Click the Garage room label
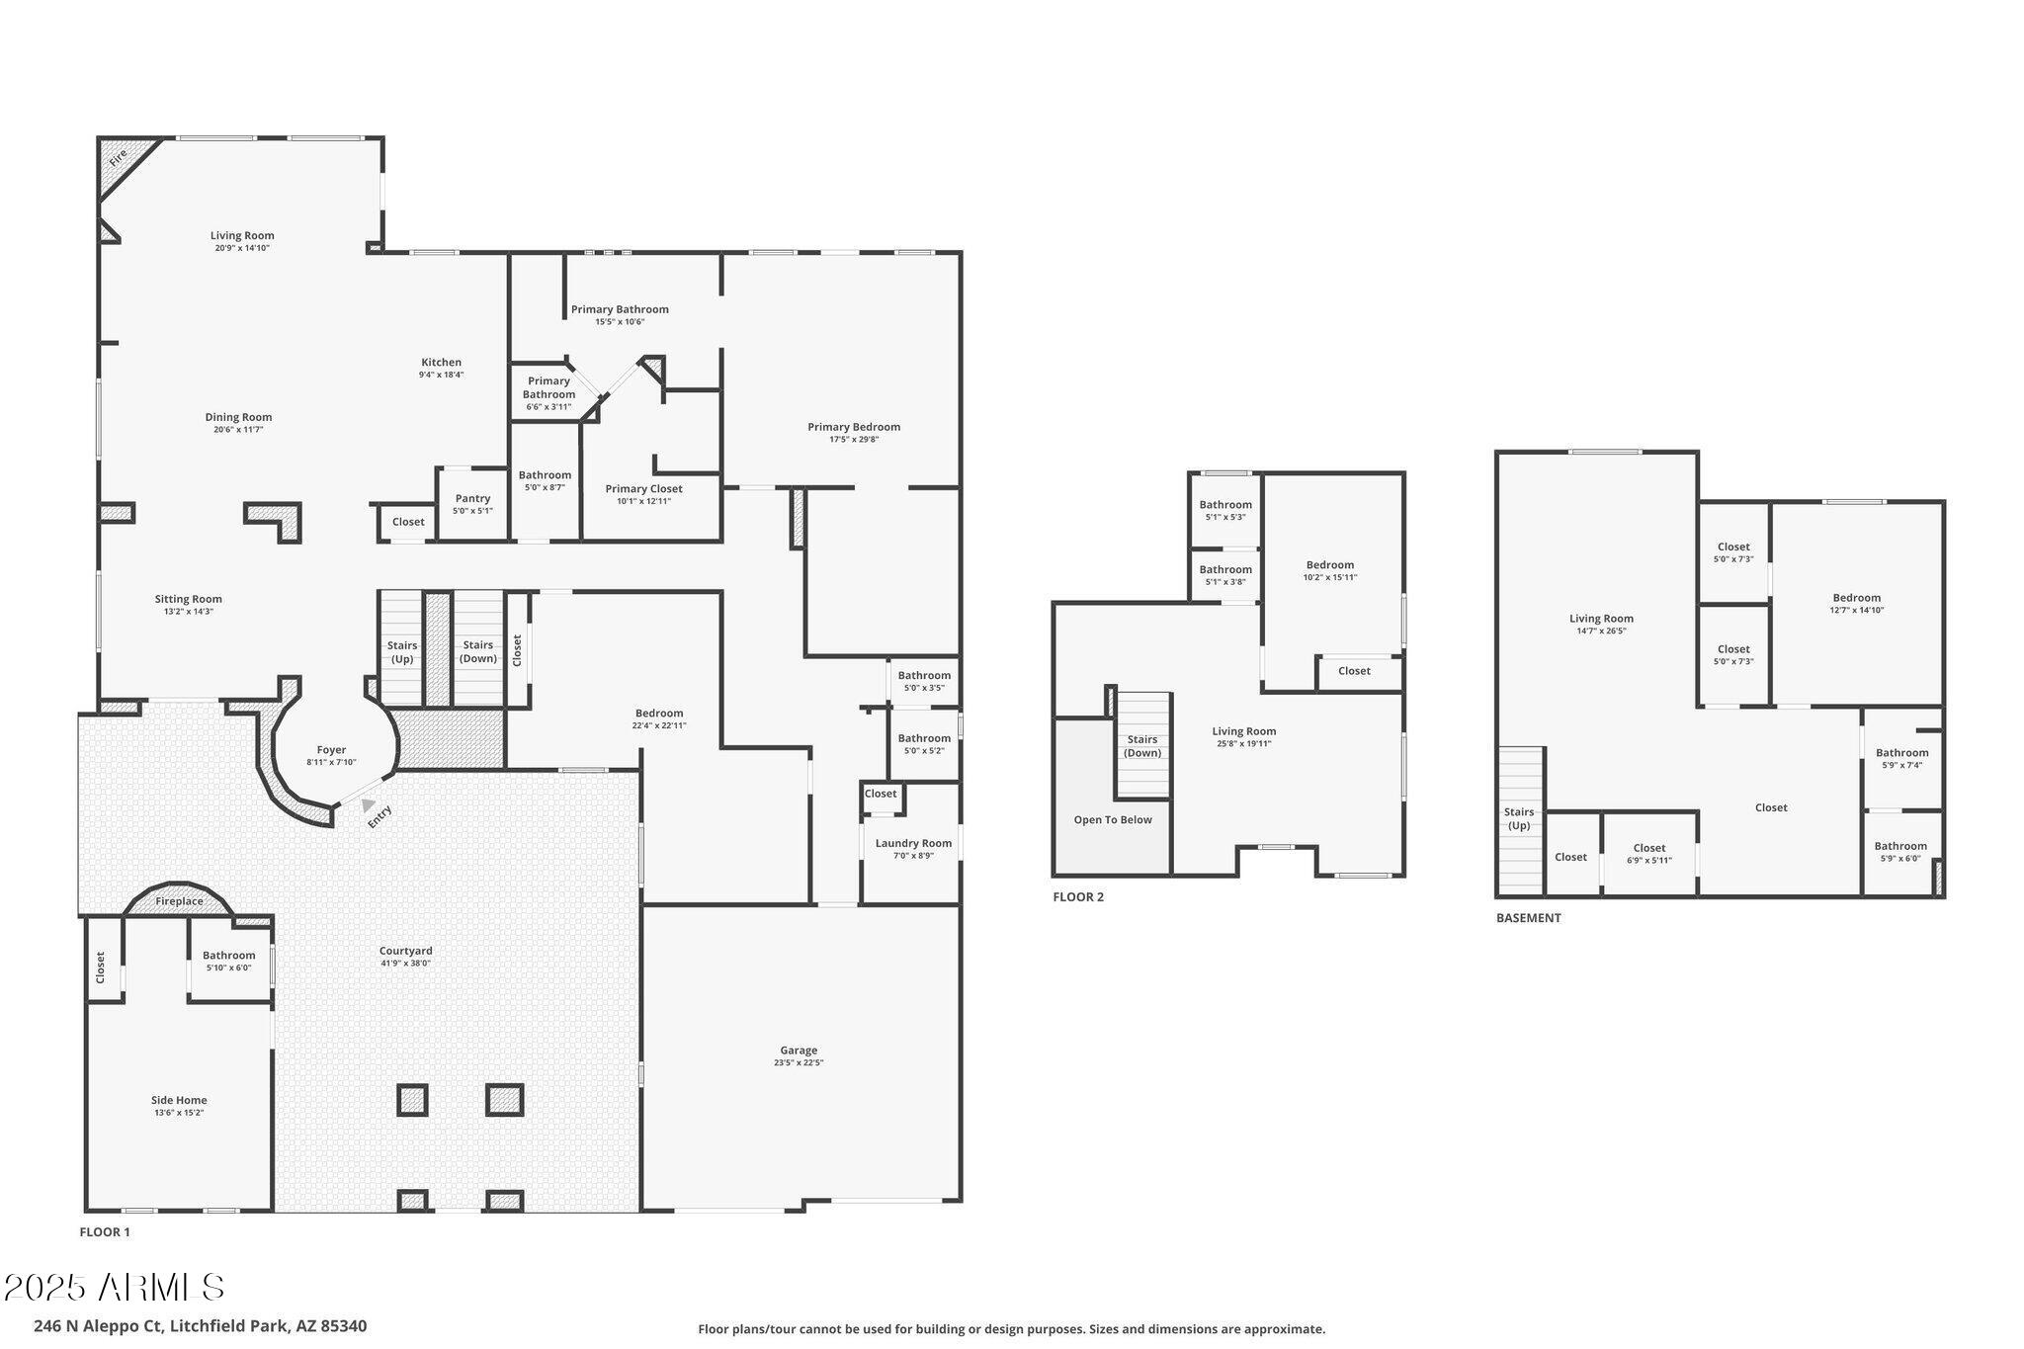tap(798, 1051)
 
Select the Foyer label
tap(331, 750)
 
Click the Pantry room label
tap(472, 499)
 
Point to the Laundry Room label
tap(913, 843)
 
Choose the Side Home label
tap(179, 1100)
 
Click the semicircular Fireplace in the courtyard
tap(179, 900)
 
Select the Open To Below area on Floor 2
tap(1113, 819)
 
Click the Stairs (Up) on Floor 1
tap(401, 651)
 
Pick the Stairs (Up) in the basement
tap(1519, 818)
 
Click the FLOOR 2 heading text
tap(1078, 897)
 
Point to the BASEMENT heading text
tap(1528, 918)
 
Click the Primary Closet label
tap(643, 489)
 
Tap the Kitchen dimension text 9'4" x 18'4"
tap(441, 376)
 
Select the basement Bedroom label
tap(1856, 598)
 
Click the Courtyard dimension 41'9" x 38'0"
tap(405, 964)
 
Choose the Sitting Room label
tap(188, 599)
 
